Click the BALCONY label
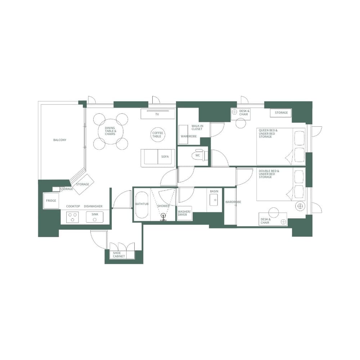click(60, 140)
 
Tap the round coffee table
click(157, 135)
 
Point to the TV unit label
click(157, 114)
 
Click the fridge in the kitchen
click(51, 201)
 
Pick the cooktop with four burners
click(73, 217)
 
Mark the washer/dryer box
click(185, 213)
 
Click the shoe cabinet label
click(119, 255)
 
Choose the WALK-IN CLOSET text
click(197, 127)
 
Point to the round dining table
click(111, 131)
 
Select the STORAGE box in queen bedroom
click(281, 113)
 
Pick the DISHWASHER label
click(93, 206)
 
